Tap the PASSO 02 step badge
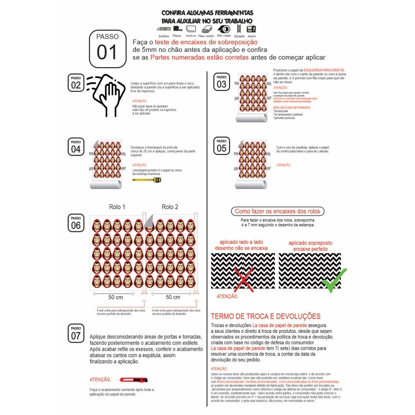point(76,83)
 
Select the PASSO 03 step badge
point(222,82)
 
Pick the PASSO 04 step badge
point(76,146)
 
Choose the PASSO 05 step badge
point(222,146)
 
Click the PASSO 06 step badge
point(76,223)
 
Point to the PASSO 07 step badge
point(76,334)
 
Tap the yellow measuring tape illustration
point(147,180)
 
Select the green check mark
point(334,280)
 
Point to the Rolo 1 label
point(117,207)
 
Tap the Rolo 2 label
point(170,207)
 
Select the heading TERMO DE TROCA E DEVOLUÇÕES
point(266,317)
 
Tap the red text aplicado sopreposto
point(310,243)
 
